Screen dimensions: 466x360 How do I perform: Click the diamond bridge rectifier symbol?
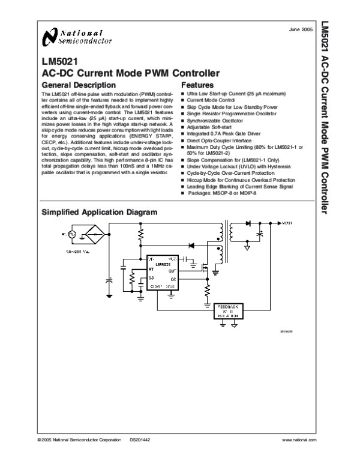[91, 232]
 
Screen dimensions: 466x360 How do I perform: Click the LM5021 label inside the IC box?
[163, 264]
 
